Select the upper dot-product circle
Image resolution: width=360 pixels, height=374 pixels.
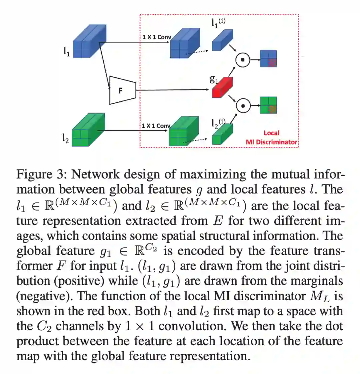pos(243,60)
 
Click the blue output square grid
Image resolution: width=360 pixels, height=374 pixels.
pos(268,58)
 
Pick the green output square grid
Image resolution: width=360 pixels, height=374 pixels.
pos(269,105)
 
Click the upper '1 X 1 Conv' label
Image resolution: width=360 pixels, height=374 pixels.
pos(156,37)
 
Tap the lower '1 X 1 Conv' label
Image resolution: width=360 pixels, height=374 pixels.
pos(156,126)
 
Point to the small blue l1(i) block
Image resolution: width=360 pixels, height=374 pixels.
pos(222,40)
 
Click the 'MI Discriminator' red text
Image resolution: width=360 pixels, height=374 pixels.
pos(271,142)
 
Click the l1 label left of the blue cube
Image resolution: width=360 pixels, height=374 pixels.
pos(67,51)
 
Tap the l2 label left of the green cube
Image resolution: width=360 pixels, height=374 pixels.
pos(66,138)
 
